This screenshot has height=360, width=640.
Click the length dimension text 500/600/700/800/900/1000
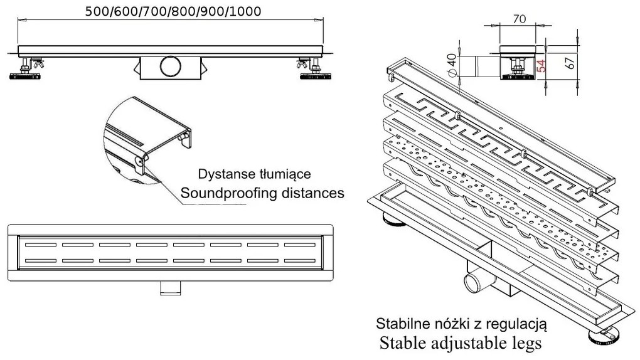[x=173, y=11]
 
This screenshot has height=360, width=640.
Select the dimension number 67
[x=570, y=62]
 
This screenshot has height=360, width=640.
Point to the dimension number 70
[x=519, y=19]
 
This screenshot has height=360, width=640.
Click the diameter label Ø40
[x=452, y=65]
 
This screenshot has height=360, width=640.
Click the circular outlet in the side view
[x=170, y=66]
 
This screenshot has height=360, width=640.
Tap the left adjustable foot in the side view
[x=25, y=70]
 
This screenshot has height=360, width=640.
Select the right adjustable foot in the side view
[x=315, y=70]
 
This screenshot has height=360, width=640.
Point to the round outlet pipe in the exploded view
[x=474, y=282]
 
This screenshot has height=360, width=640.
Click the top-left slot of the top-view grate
[x=41, y=245]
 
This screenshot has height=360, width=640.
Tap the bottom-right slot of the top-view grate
[x=300, y=261]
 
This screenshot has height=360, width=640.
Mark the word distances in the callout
[x=315, y=193]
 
